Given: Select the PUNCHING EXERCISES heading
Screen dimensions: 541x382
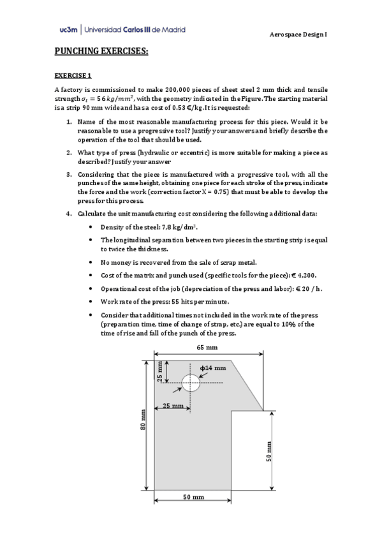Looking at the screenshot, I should point(101,52).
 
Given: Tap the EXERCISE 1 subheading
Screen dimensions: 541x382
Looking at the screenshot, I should point(73,75).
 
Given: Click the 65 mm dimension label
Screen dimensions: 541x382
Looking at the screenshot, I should point(208,347).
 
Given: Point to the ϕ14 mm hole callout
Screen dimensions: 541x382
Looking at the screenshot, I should point(213,368).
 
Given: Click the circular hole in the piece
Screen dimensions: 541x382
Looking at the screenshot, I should point(191,383).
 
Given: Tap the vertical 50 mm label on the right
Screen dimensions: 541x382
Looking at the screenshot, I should point(268,451).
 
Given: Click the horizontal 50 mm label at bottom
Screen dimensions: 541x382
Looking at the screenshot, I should point(194,497).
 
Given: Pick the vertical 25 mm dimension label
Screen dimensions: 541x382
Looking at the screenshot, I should point(159,371).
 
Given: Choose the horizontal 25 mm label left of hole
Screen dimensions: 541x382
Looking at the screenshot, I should point(173,406).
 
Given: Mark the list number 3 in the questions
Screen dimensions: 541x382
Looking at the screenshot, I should point(69,174).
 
